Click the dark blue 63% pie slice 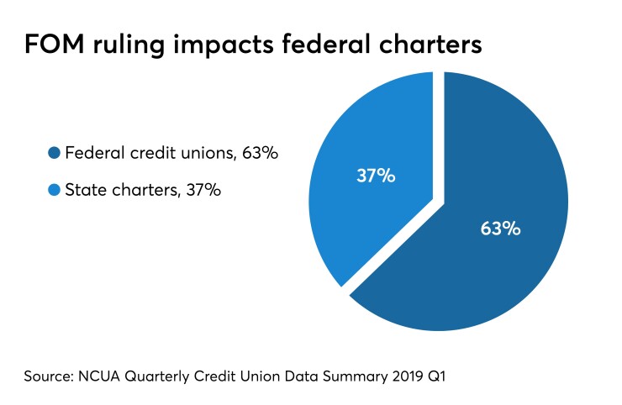[496, 252]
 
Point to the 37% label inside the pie [376, 176]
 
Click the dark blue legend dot [54, 153]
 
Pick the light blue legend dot [54, 191]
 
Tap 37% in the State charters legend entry [203, 191]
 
